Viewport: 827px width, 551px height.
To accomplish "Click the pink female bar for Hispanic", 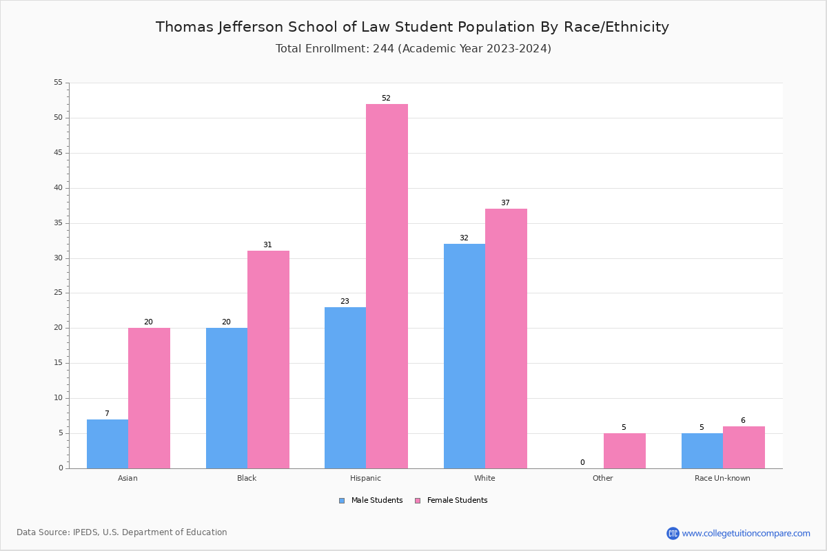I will coord(387,286).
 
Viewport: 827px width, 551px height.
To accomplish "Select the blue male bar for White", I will coord(464,356).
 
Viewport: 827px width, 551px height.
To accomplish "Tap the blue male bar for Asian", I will coord(108,444).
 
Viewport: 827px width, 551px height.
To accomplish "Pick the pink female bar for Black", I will coord(268,360).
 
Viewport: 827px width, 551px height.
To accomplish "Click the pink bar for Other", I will coord(624,450).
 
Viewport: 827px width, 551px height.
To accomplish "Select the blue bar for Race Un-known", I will coord(702,450).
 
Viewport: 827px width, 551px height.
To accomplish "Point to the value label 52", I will coord(386,98).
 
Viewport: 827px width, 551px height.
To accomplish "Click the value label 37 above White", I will coord(505,203).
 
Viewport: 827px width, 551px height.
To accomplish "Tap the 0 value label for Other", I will coord(582,463).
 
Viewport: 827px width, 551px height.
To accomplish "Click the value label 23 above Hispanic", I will coord(345,302).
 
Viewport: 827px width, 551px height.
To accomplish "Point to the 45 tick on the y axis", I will coord(58,153).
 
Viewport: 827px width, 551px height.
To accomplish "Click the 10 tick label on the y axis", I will coord(58,398).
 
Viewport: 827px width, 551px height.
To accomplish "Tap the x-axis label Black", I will coord(247,478).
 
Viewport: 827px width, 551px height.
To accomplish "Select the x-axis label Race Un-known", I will coord(722,478).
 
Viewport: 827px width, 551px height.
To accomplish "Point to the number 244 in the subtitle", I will coord(383,49).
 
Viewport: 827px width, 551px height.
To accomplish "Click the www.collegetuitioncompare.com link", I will coord(746,533).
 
